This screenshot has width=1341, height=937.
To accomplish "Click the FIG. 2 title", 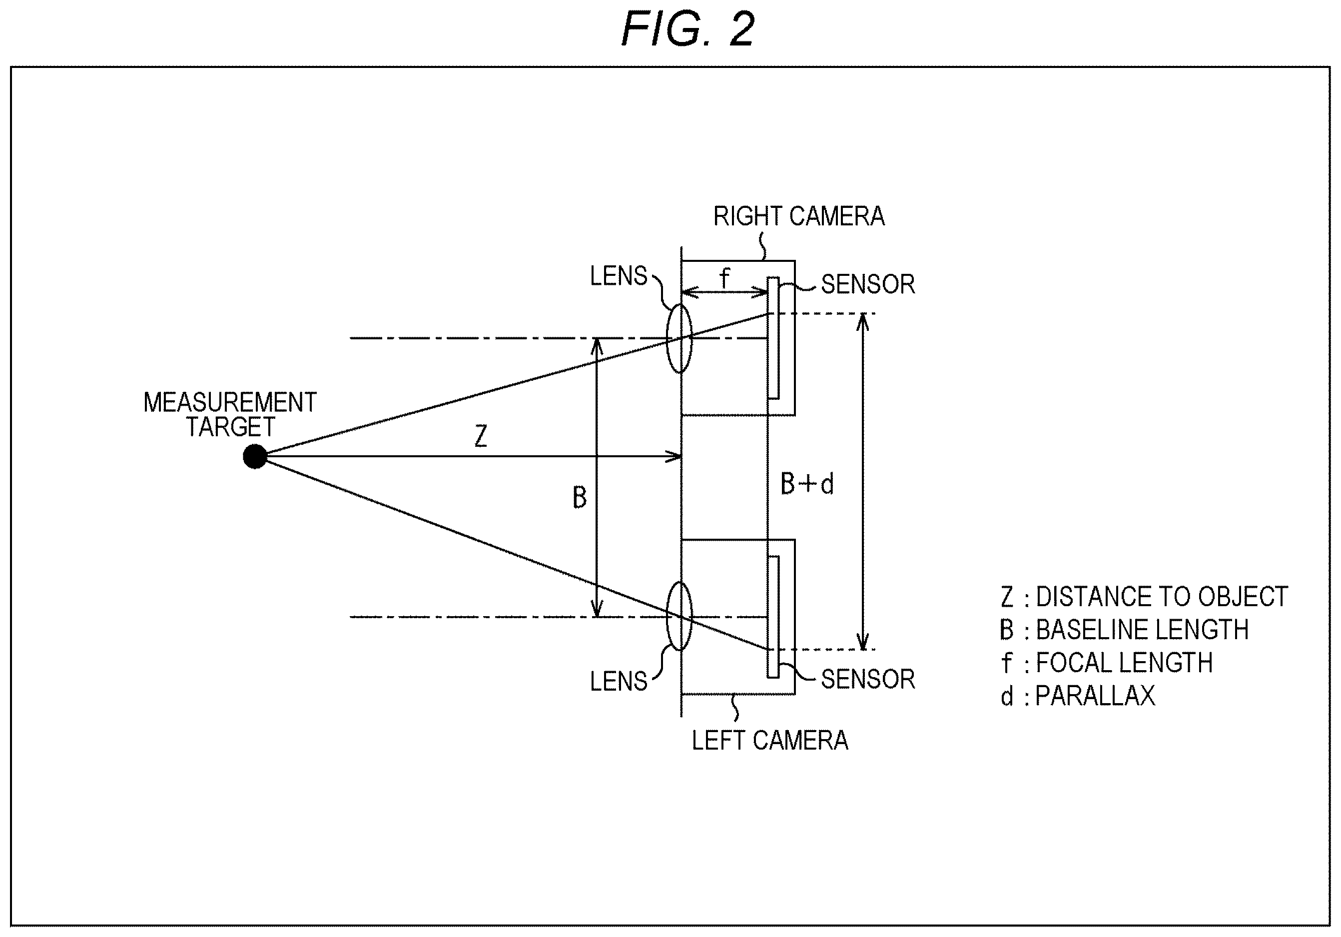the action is coord(687,29).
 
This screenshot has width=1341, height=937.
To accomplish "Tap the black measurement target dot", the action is coord(255,456).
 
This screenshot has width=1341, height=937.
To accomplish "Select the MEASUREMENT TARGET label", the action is coord(230,415).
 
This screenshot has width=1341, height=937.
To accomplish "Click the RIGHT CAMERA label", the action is coord(798,216).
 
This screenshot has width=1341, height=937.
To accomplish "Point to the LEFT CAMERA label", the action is coord(770,741).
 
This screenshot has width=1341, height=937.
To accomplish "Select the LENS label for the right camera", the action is coord(619,276).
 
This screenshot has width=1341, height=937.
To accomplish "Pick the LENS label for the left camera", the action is coord(619,681).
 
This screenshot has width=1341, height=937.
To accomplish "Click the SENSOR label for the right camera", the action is coord(868,284).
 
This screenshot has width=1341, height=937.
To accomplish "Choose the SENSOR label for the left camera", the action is coord(868,679).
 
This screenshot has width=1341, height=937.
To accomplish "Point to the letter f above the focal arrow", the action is coord(724,277).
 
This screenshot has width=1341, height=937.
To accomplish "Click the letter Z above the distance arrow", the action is coord(481,436).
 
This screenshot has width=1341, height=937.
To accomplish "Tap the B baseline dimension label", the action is coord(580,498).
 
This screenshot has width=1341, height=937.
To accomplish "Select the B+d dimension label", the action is coord(807,484).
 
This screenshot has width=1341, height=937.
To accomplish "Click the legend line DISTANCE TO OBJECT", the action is coord(1144,597).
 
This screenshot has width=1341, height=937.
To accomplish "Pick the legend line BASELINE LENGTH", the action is coord(1124,630).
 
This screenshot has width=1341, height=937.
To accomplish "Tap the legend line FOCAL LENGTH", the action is coord(1106,663).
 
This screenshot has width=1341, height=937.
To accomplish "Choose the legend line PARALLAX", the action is coord(1078,696).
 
